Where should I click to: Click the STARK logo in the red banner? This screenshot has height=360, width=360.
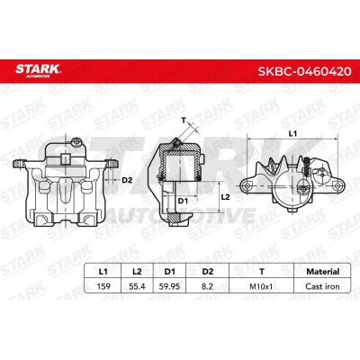pos(38,70)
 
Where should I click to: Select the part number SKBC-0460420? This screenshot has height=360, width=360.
pos(305,71)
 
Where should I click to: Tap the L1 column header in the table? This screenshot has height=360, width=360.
pos(103,272)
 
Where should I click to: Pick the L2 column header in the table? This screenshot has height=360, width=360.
pos(137,272)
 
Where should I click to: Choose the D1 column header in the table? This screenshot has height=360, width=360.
pos(170,272)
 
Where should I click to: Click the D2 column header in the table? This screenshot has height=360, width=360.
pos(208,272)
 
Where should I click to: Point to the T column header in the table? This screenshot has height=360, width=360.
pos(262,272)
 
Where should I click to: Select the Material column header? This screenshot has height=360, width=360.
pos(323,272)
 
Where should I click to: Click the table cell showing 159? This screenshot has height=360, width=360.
pos(103,286)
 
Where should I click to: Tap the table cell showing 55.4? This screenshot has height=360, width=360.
pos(137,286)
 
